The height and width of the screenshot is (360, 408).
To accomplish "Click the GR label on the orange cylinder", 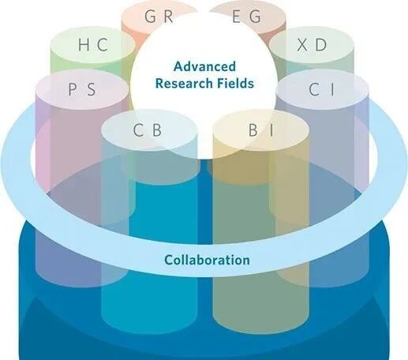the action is point(159,16).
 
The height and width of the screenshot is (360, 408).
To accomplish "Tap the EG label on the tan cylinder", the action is point(246,16).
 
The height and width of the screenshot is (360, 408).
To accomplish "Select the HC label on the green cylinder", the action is point(93,44).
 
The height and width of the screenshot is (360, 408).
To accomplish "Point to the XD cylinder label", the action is point(312,44).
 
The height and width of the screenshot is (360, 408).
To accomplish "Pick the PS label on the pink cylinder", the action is point(82,89).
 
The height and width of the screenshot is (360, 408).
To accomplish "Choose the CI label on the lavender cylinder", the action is point(321,89).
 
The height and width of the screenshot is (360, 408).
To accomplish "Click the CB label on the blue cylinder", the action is point(148,130).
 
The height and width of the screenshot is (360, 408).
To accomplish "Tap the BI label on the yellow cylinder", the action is point(261,130).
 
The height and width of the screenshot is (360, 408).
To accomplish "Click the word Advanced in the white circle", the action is point(204,66).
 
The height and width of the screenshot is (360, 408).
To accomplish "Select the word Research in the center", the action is point(184,84).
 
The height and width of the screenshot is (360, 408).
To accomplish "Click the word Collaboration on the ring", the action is point(207,260).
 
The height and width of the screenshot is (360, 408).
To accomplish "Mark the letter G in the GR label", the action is point(150,16).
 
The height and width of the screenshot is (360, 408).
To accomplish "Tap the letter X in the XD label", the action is point(303,44).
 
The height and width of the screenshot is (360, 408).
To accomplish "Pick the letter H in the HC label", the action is point(84,44).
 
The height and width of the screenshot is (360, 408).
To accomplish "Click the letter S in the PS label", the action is point(91,89).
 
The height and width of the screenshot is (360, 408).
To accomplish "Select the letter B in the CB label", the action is point(157,130).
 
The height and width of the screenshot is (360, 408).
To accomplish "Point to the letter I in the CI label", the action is point(332,89).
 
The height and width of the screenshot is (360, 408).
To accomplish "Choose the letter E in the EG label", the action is point(236,16).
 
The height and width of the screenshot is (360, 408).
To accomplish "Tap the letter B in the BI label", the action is point(253,130).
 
